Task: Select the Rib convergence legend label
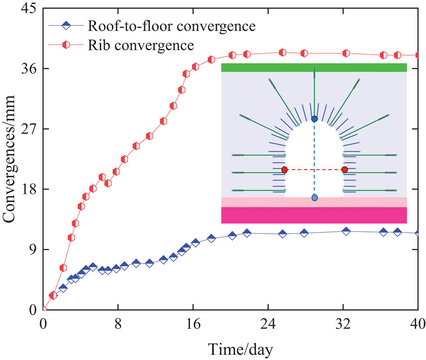[140, 45]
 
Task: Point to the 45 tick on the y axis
[29, 9]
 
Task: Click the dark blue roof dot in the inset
[314, 119]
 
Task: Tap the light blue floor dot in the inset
[314, 198]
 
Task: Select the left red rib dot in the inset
[284, 170]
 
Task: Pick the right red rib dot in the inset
[345, 170]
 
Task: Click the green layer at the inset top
[314, 67]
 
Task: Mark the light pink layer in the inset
[314, 202]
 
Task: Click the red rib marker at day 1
[53, 295]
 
